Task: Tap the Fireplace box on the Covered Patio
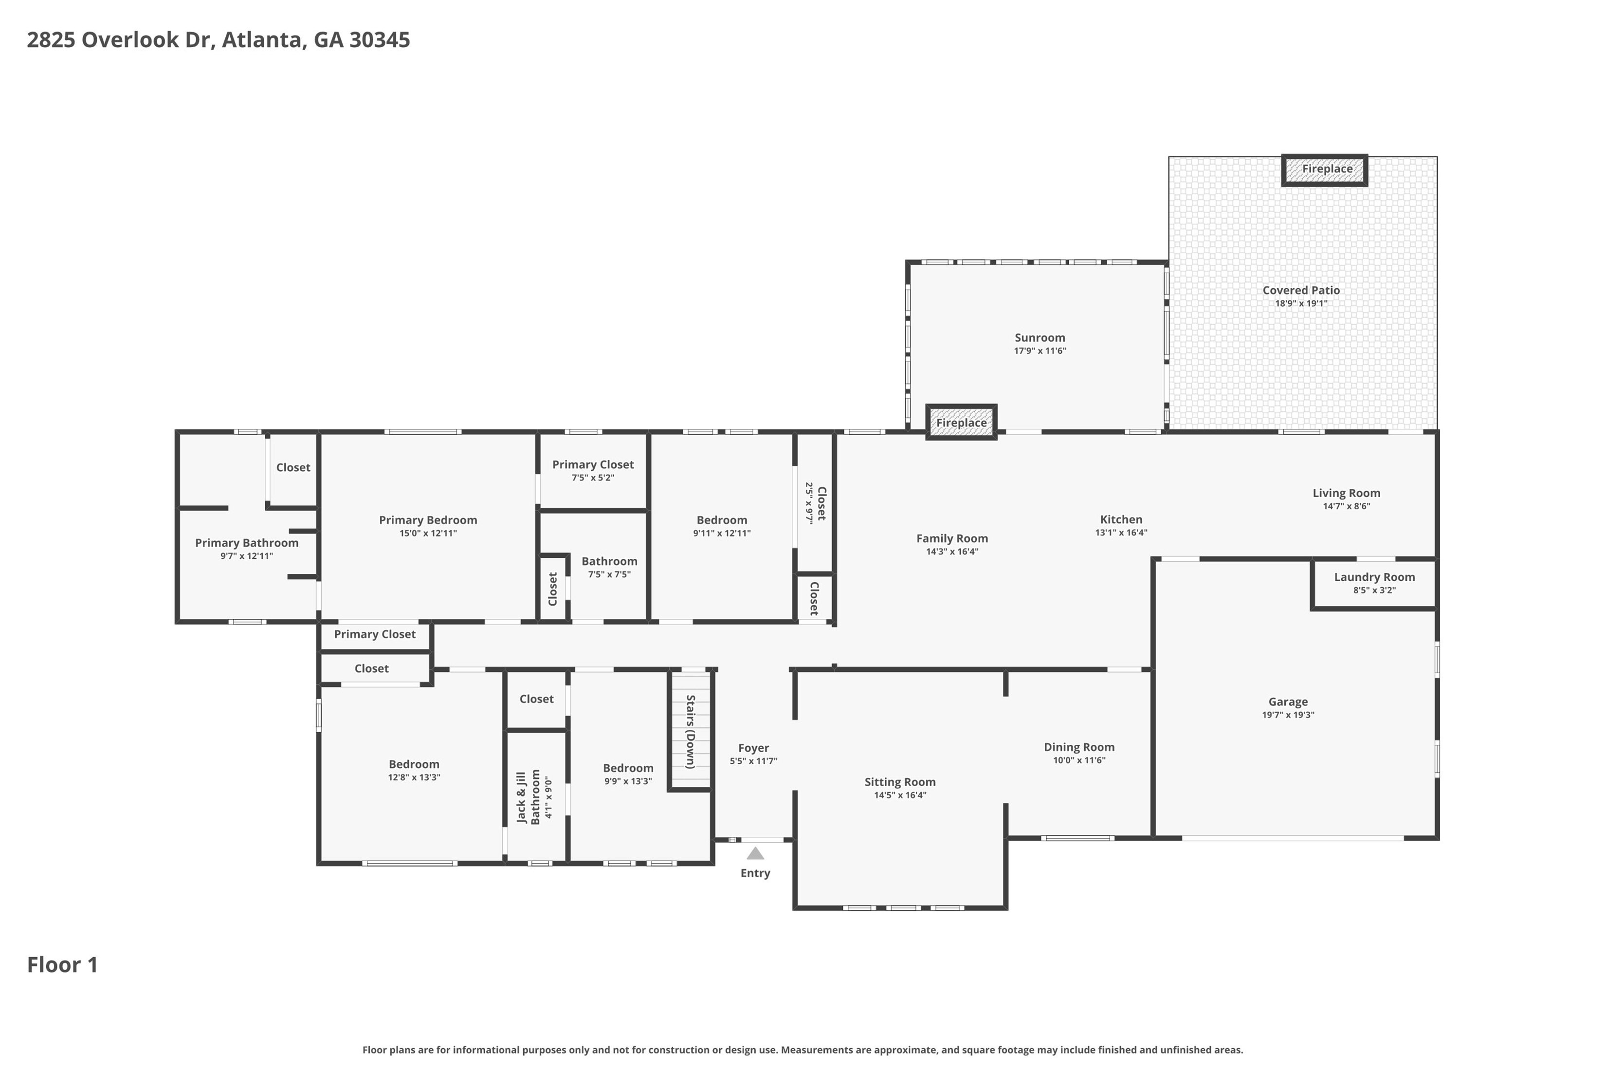1325,169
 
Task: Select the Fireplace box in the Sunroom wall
962,422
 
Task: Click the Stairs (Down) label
690,732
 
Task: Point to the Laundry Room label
1374,577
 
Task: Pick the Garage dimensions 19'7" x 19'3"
1288,715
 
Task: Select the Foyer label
754,748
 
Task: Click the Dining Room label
1079,747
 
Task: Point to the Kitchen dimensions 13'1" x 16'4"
1121,532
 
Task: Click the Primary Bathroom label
247,543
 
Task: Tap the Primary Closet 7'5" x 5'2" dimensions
593,478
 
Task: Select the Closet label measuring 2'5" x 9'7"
822,503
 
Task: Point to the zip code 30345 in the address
380,39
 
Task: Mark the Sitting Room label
900,782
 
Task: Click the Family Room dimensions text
952,551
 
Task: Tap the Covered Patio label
1301,290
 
